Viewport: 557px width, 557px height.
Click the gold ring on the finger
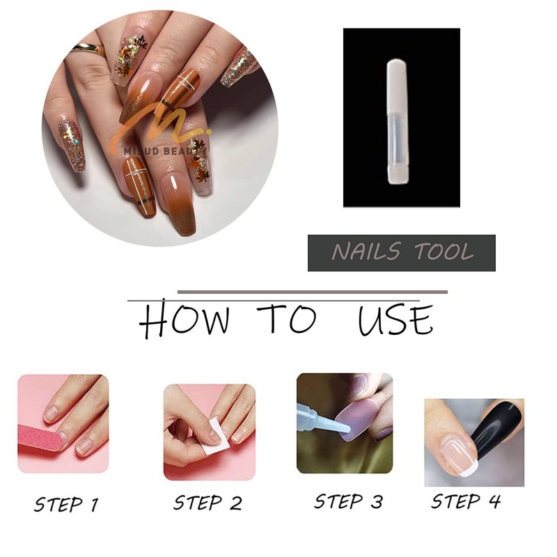(88, 48)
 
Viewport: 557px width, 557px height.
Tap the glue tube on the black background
(398, 122)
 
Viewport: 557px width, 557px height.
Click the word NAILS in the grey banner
(367, 251)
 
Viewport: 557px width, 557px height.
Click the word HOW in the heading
(184, 319)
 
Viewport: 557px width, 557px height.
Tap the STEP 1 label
(66, 504)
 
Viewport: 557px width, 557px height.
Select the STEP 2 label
(207, 503)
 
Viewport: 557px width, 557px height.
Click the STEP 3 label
(349, 501)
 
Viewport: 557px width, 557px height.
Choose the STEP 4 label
(466, 501)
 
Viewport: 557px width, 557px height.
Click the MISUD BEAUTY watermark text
(166, 151)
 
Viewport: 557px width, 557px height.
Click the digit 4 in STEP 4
(494, 501)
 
